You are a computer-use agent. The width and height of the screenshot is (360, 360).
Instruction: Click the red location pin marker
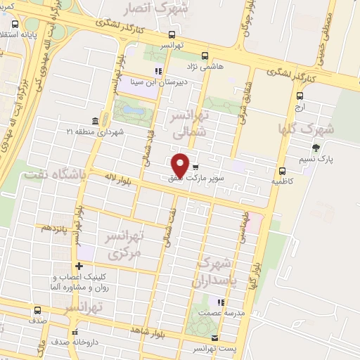point(180,165)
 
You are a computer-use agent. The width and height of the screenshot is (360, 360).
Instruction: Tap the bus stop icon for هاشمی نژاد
point(205,56)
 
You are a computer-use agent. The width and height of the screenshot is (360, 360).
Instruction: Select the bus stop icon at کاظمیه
point(282,171)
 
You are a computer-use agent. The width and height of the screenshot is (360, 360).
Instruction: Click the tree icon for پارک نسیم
point(316,148)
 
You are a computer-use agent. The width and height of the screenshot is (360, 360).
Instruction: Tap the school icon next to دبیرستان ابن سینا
point(158,70)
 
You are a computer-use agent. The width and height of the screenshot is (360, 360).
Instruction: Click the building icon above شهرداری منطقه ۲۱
point(95,121)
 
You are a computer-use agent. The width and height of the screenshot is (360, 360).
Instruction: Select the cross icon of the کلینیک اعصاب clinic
point(79,266)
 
